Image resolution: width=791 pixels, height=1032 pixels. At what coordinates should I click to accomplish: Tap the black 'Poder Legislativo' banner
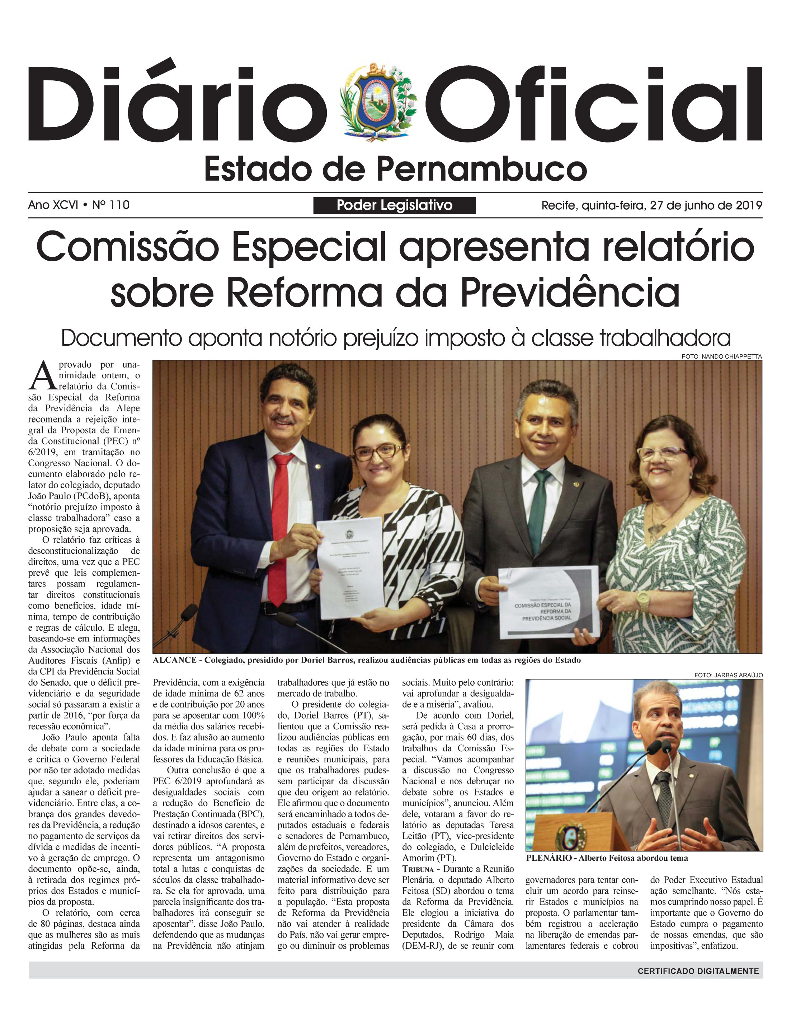click(x=394, y=205)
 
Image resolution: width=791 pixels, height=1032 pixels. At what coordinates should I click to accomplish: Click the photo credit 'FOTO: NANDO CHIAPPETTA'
click(x=721, y=356)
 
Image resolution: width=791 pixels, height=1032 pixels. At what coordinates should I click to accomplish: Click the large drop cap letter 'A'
click(x=42, y=375)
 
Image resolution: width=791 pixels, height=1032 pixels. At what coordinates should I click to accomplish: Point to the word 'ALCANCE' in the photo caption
click(x=175, y=660)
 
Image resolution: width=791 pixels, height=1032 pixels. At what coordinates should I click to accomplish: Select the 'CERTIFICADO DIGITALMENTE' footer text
click(x=698, y=971)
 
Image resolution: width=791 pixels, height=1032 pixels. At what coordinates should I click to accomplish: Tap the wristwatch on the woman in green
click(x=643, y=602)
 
